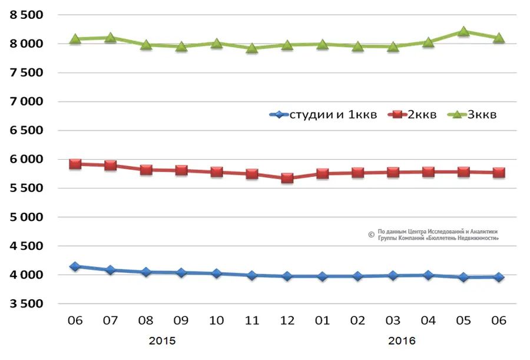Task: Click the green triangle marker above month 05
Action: point(463,32)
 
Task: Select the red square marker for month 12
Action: point(287,178)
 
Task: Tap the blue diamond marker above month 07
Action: point(111,270)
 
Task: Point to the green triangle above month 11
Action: point(252,48)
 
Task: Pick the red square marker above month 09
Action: point(181,170)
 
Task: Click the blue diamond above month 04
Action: point(428,275)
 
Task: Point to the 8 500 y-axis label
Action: point(27,15)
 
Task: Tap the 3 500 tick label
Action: point(27,304)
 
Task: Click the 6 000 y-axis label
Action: point(27,160)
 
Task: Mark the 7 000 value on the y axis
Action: point(27,102)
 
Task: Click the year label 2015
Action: point(162,341)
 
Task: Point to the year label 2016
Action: point(402,341)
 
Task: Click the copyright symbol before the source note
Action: point(371,235)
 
